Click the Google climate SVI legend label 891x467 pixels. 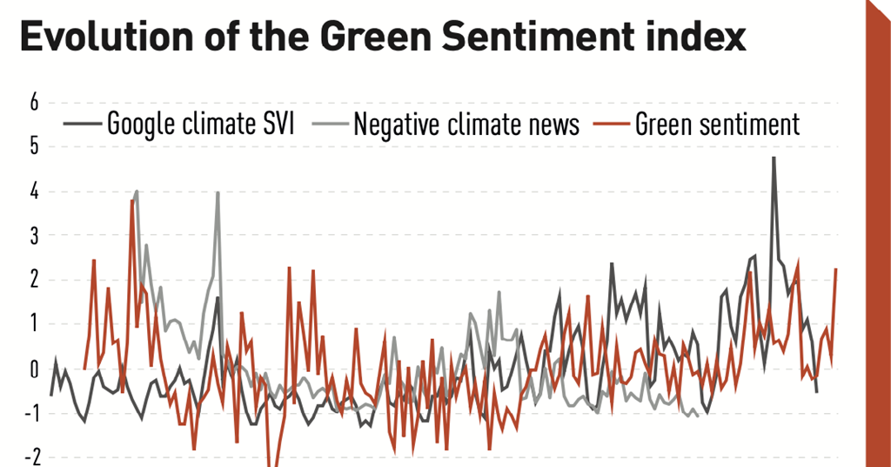point(200,125)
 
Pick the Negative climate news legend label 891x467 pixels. point(466,125)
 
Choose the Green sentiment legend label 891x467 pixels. point(717,125)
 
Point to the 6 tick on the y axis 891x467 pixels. point(35,103)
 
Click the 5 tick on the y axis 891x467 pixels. point(35,147)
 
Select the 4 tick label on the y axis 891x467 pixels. point(35,192)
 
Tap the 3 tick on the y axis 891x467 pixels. point(35,236)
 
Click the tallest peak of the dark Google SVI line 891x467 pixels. point(774,159)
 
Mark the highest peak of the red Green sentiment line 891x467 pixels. point(132,201)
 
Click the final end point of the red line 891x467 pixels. point(836,269)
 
